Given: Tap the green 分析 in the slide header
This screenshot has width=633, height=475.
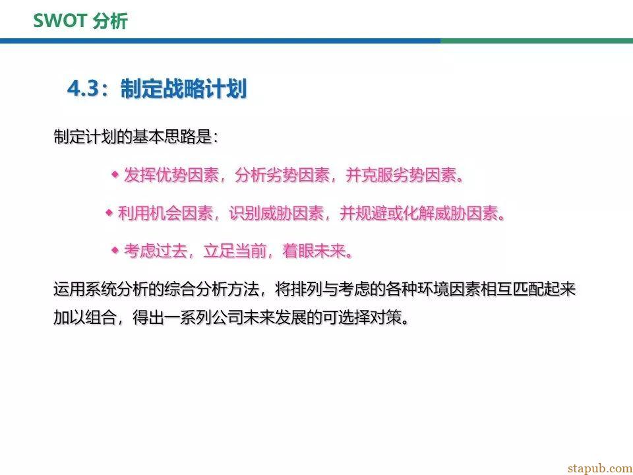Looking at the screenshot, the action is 110,21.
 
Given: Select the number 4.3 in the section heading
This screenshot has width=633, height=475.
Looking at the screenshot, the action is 83,88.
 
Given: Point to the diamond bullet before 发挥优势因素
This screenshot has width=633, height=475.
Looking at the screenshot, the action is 115,174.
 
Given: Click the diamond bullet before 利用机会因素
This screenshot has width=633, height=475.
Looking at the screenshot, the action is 109,212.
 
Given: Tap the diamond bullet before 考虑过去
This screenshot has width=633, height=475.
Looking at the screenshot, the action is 115,251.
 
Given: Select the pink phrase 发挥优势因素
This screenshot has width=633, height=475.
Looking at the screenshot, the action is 171,175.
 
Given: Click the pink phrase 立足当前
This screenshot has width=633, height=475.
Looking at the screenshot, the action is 235,251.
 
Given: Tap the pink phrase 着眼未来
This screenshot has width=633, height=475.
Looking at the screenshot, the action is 314,251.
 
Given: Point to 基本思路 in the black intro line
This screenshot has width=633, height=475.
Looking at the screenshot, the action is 164,137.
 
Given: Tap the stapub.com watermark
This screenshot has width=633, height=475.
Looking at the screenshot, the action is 599,468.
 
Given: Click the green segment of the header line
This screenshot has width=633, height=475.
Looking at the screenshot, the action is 537,41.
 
